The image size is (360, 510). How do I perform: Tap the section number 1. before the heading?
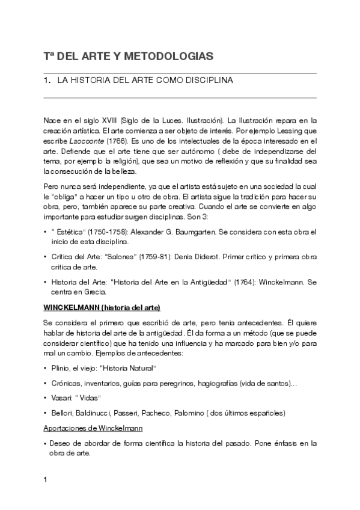coord(47,80)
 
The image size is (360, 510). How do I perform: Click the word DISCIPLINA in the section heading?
coord(209,80)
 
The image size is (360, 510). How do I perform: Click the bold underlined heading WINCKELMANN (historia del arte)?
coord(101,307)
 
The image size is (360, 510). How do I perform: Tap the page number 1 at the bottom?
coord(46,481)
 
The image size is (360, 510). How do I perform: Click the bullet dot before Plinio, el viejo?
coord(45,368)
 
